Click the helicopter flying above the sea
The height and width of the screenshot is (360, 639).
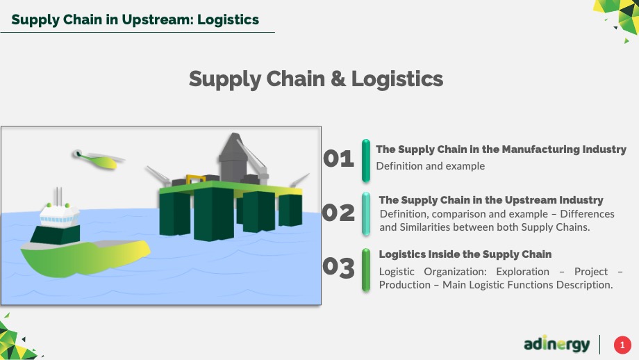pyautogui.click(x=98, y=159)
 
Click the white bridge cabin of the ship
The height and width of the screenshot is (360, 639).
pyautogui.click(x=59, y=215)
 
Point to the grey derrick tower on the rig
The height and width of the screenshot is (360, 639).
pyautogui.click(x=234, y=157)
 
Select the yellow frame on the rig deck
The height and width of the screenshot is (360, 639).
pyautogui.click(x=196, y=179)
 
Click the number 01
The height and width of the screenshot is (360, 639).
pyautogui.click(x=338, y=158)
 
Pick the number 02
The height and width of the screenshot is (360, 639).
pyautogui.click(x=338, y=213)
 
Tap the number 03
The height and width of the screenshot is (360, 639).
pyautogui.click(x=338, y=268)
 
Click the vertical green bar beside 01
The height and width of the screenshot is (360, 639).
pyautogui.click(x=366, y=161)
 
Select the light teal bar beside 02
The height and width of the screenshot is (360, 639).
pyautogui.click(x=366, y=214)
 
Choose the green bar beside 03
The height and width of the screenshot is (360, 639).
pyautogui.click(x=366, y=270)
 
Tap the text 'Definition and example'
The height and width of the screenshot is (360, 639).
pyautogui.click(x=431, y=166)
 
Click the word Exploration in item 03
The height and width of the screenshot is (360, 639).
pyautogui.click(x=522, y=272)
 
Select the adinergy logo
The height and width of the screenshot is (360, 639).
pyautogui.click(x=556, y=345)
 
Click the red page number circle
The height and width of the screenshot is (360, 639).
pyautogui.click(x=622, y=345)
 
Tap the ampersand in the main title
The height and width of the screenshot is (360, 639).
pyautogui.click(x=338, y=79)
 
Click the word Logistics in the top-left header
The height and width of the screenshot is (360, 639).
pyautogui.click(x=228, y=19)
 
